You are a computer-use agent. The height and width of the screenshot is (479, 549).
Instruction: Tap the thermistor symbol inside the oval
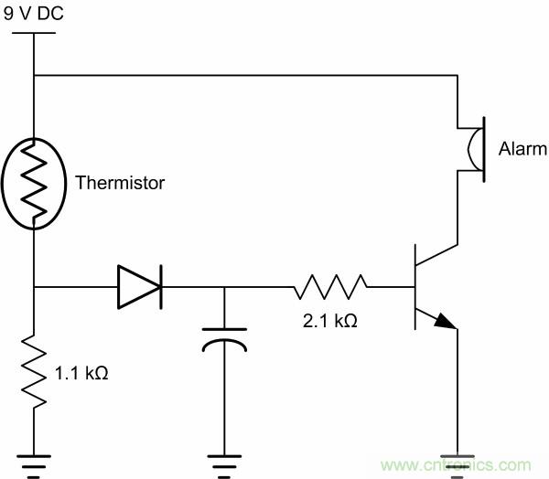[x=33, y=181]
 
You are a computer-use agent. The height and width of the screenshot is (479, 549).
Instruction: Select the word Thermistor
[x=120, y=183]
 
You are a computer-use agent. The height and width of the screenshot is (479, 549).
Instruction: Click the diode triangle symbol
[x=138, y=287]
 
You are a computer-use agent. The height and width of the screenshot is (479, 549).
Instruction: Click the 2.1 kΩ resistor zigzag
[x=330, y=287]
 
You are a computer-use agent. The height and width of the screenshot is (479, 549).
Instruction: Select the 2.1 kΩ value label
[x=330, y=321]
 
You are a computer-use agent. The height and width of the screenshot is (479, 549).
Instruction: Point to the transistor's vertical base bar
[x=415, y=287]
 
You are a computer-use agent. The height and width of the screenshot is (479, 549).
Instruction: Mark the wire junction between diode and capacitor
[x=223, y=287]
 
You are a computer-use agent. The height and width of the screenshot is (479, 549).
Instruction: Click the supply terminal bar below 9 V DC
[x=33, y=35]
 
